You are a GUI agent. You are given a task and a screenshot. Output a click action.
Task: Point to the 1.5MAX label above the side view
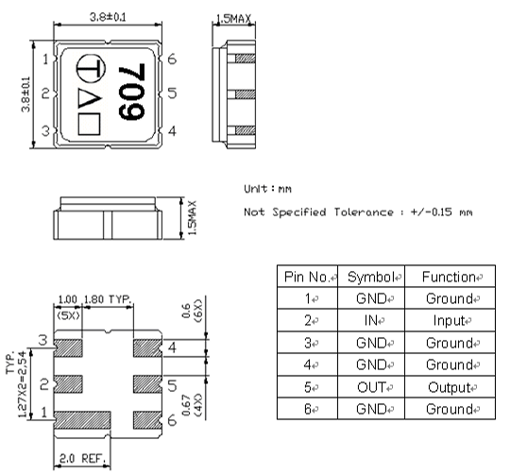click(x=233, y=19)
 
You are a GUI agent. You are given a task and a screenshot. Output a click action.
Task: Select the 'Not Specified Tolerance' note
click(x=358, y=212)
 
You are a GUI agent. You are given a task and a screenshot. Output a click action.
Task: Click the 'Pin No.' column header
click(x=307, y=278)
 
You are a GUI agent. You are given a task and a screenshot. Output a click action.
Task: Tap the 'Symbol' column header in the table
click(x=370, y=278)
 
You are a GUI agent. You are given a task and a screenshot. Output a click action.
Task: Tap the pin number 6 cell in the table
click(x=306, y=409)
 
